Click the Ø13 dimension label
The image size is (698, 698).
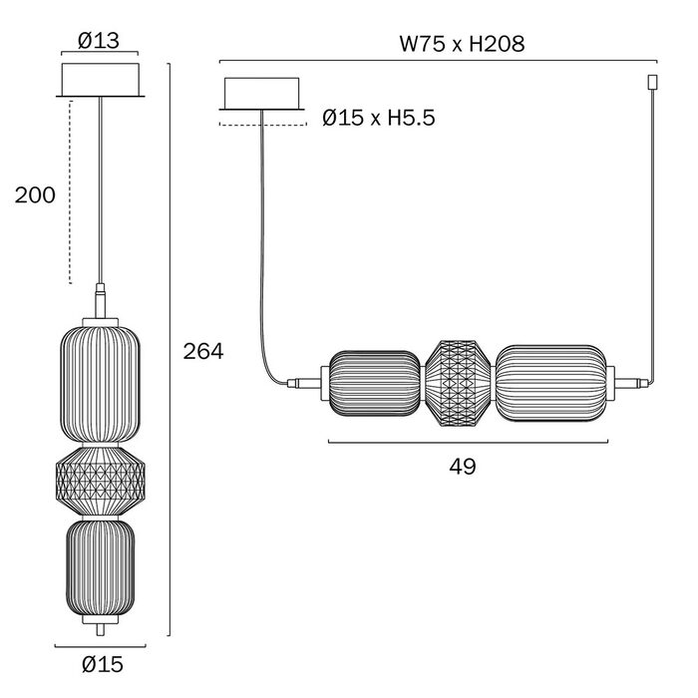[99, 41]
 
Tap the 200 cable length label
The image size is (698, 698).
[35, 195]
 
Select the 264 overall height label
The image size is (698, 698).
[203, 352]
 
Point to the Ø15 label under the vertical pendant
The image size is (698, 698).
[103, 665]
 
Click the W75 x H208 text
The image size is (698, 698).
[462, 44]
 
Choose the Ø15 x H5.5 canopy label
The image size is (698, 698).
[378, 118]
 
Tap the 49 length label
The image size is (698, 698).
[463, 467]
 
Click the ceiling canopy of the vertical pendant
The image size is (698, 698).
[100, 80]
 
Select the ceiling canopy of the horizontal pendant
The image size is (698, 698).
[261, 94]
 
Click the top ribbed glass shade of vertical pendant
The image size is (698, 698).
[100, 384]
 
